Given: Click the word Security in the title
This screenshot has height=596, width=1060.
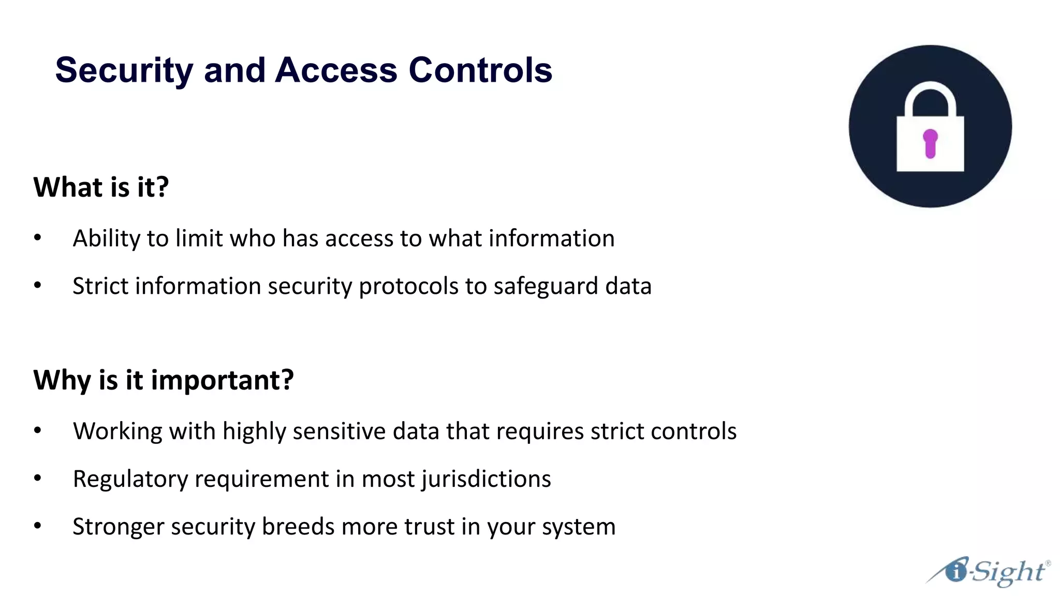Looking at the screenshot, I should pyautogui.click(x=124, y=70).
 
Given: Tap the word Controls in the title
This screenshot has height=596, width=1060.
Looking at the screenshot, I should pyautogui.click(x=480, y=70).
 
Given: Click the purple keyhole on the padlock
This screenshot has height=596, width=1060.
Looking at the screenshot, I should pyautogui.click(x=930, y=143).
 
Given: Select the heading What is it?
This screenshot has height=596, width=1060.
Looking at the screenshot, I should pyautogui.click(x=101, y=187).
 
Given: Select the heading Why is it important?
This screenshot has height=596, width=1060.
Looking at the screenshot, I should pyautogui.click(x=164, y=380).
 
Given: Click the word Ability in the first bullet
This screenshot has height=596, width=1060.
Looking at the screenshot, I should pyautogui.click(x=106, y=239).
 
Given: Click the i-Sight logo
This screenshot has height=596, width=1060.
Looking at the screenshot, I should pyautogui.click(x=989, y=572).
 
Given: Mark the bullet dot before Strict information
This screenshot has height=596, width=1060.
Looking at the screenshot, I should pyautogui.click(x=37, y=286).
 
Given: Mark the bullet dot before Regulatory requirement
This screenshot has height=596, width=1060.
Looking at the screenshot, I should pyautogui.click(x=37, y=479).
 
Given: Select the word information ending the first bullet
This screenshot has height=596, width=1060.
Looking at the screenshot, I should pyautogui.click(x=551, y=239).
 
